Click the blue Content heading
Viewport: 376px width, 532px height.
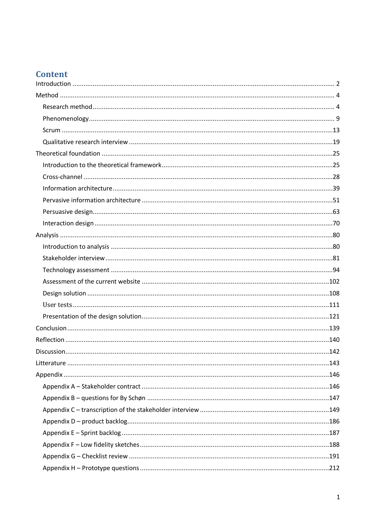(x=52, y=74)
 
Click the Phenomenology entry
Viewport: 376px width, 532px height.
(x=66, y=119)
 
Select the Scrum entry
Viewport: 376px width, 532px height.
(x=52, y=130)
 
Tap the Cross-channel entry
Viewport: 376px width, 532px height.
(x=62, y=177)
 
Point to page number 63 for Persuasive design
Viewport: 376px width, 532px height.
(x=336, y=212)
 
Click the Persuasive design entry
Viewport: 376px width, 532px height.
(x=68, y=212)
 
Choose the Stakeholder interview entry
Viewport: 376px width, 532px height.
(x=74, y=258)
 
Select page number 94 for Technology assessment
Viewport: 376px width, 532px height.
(x=336, y=270)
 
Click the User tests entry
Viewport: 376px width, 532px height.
(x=57, y=305)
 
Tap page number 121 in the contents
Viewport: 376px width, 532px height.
(x=334, y=316)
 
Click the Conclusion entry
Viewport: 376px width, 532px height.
(x=51, y=328)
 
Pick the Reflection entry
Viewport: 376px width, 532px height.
(x=50, y=340)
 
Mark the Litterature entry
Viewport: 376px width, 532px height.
(x=51, y=363)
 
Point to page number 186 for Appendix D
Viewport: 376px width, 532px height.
(x=334, y=421)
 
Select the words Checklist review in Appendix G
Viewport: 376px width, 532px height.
(x=105, y=456)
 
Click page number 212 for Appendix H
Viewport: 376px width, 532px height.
(x=334, y=468)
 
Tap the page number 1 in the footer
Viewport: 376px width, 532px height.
(x=338, y=497)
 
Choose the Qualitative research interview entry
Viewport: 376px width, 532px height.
(x=85, y=142)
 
